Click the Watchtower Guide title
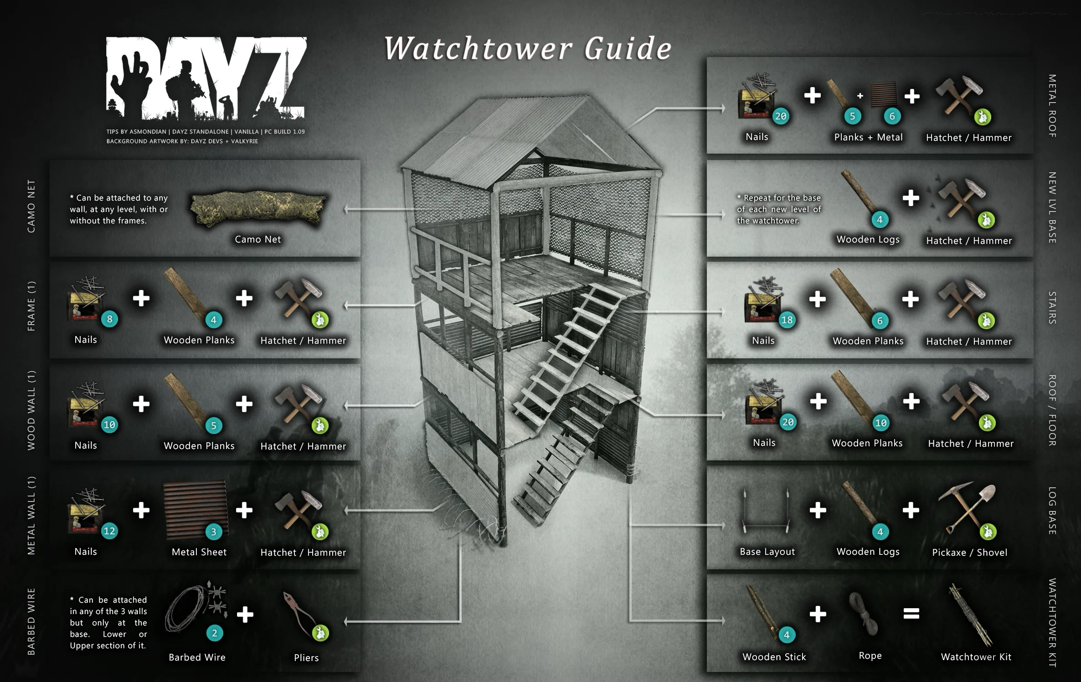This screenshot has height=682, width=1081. click(x=528, y=48)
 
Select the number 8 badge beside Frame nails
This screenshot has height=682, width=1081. click(x=109, y=320)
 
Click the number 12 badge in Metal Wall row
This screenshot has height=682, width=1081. click(x=109, y=531)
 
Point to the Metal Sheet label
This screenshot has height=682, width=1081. click(x=199, y=552)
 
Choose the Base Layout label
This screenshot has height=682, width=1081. click(x=767, y=552)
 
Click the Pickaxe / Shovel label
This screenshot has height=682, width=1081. click(x=970, y=553)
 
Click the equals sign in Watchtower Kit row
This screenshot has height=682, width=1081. click(x=911, y=614)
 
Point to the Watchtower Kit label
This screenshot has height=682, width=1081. click(x=976, y=657)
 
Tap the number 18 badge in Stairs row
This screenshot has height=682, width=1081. click(x=787, y=320)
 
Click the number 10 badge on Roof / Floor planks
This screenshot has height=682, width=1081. click(x=881, y=423)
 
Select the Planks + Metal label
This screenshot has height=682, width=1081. click(x=868, y=137)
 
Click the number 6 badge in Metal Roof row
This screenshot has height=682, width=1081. click(x=892, y=116)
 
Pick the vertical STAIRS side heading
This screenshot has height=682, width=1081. click(x=1052, y=308)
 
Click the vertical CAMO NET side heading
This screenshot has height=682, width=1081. click(x=31, y=206)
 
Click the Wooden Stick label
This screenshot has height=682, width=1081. click(x=774, y=657)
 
